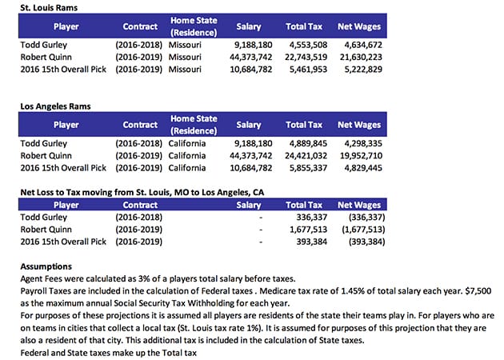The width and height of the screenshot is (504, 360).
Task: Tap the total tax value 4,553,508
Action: pyautogui.click(x=305, y=46)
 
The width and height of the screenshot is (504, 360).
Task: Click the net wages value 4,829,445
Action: pyautogui.click(x=361, y=168)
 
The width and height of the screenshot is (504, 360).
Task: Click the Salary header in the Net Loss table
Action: pyautogui.click(x=249, y=205)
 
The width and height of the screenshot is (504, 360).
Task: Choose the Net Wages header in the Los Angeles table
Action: pyautogui.click(x=358, y=125)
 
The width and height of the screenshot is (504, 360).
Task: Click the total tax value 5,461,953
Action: pyautogui.click(x=305, y=70)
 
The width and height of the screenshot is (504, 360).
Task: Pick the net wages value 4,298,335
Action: pyautogui.click(x=361, y=144)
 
